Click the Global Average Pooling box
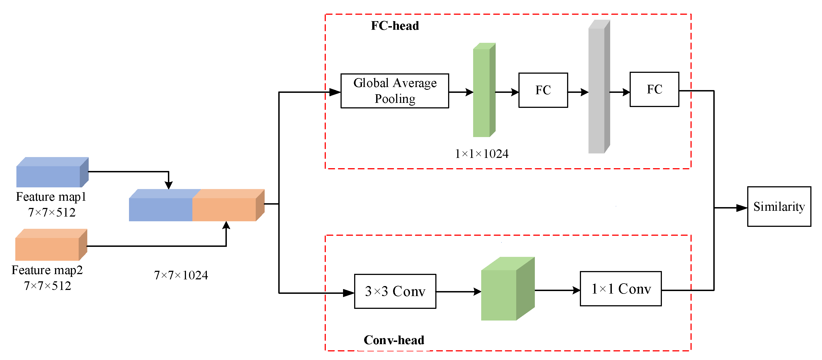coord(395,91)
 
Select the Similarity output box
coord(779,207)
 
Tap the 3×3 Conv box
coord(395,291)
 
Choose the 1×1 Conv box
coord(621,289)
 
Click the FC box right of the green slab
coord(543,90)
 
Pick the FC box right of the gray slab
coord(654,89)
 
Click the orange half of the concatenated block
coord(225,207)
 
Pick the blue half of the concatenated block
coord(161,207)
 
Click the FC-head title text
coord(395,26)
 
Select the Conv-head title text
coord(394,340)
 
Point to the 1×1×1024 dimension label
coord(481,154)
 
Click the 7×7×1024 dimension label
coord(181,275)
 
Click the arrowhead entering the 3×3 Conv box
coord(349,293)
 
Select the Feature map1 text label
coord(51,197)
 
